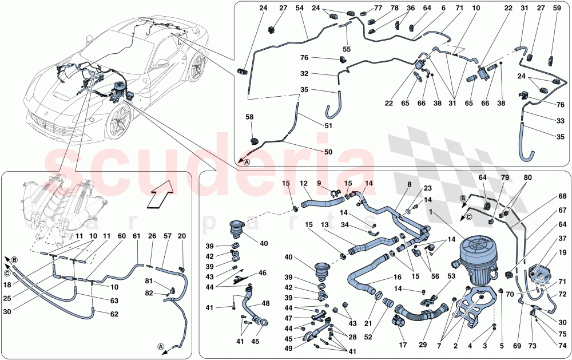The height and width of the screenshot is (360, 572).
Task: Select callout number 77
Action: [378, 9]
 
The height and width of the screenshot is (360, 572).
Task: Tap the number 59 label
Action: [556, 9]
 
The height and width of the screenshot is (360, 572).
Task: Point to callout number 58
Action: [249, 117]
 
